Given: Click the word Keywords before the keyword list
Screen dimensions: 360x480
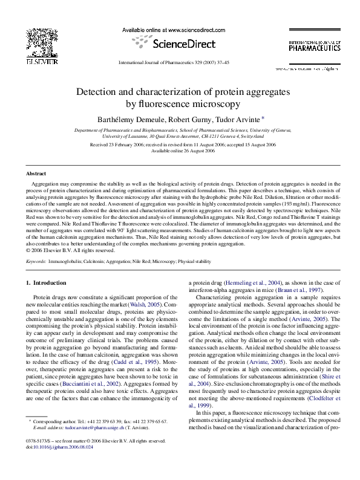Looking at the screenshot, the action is [38, 261].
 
